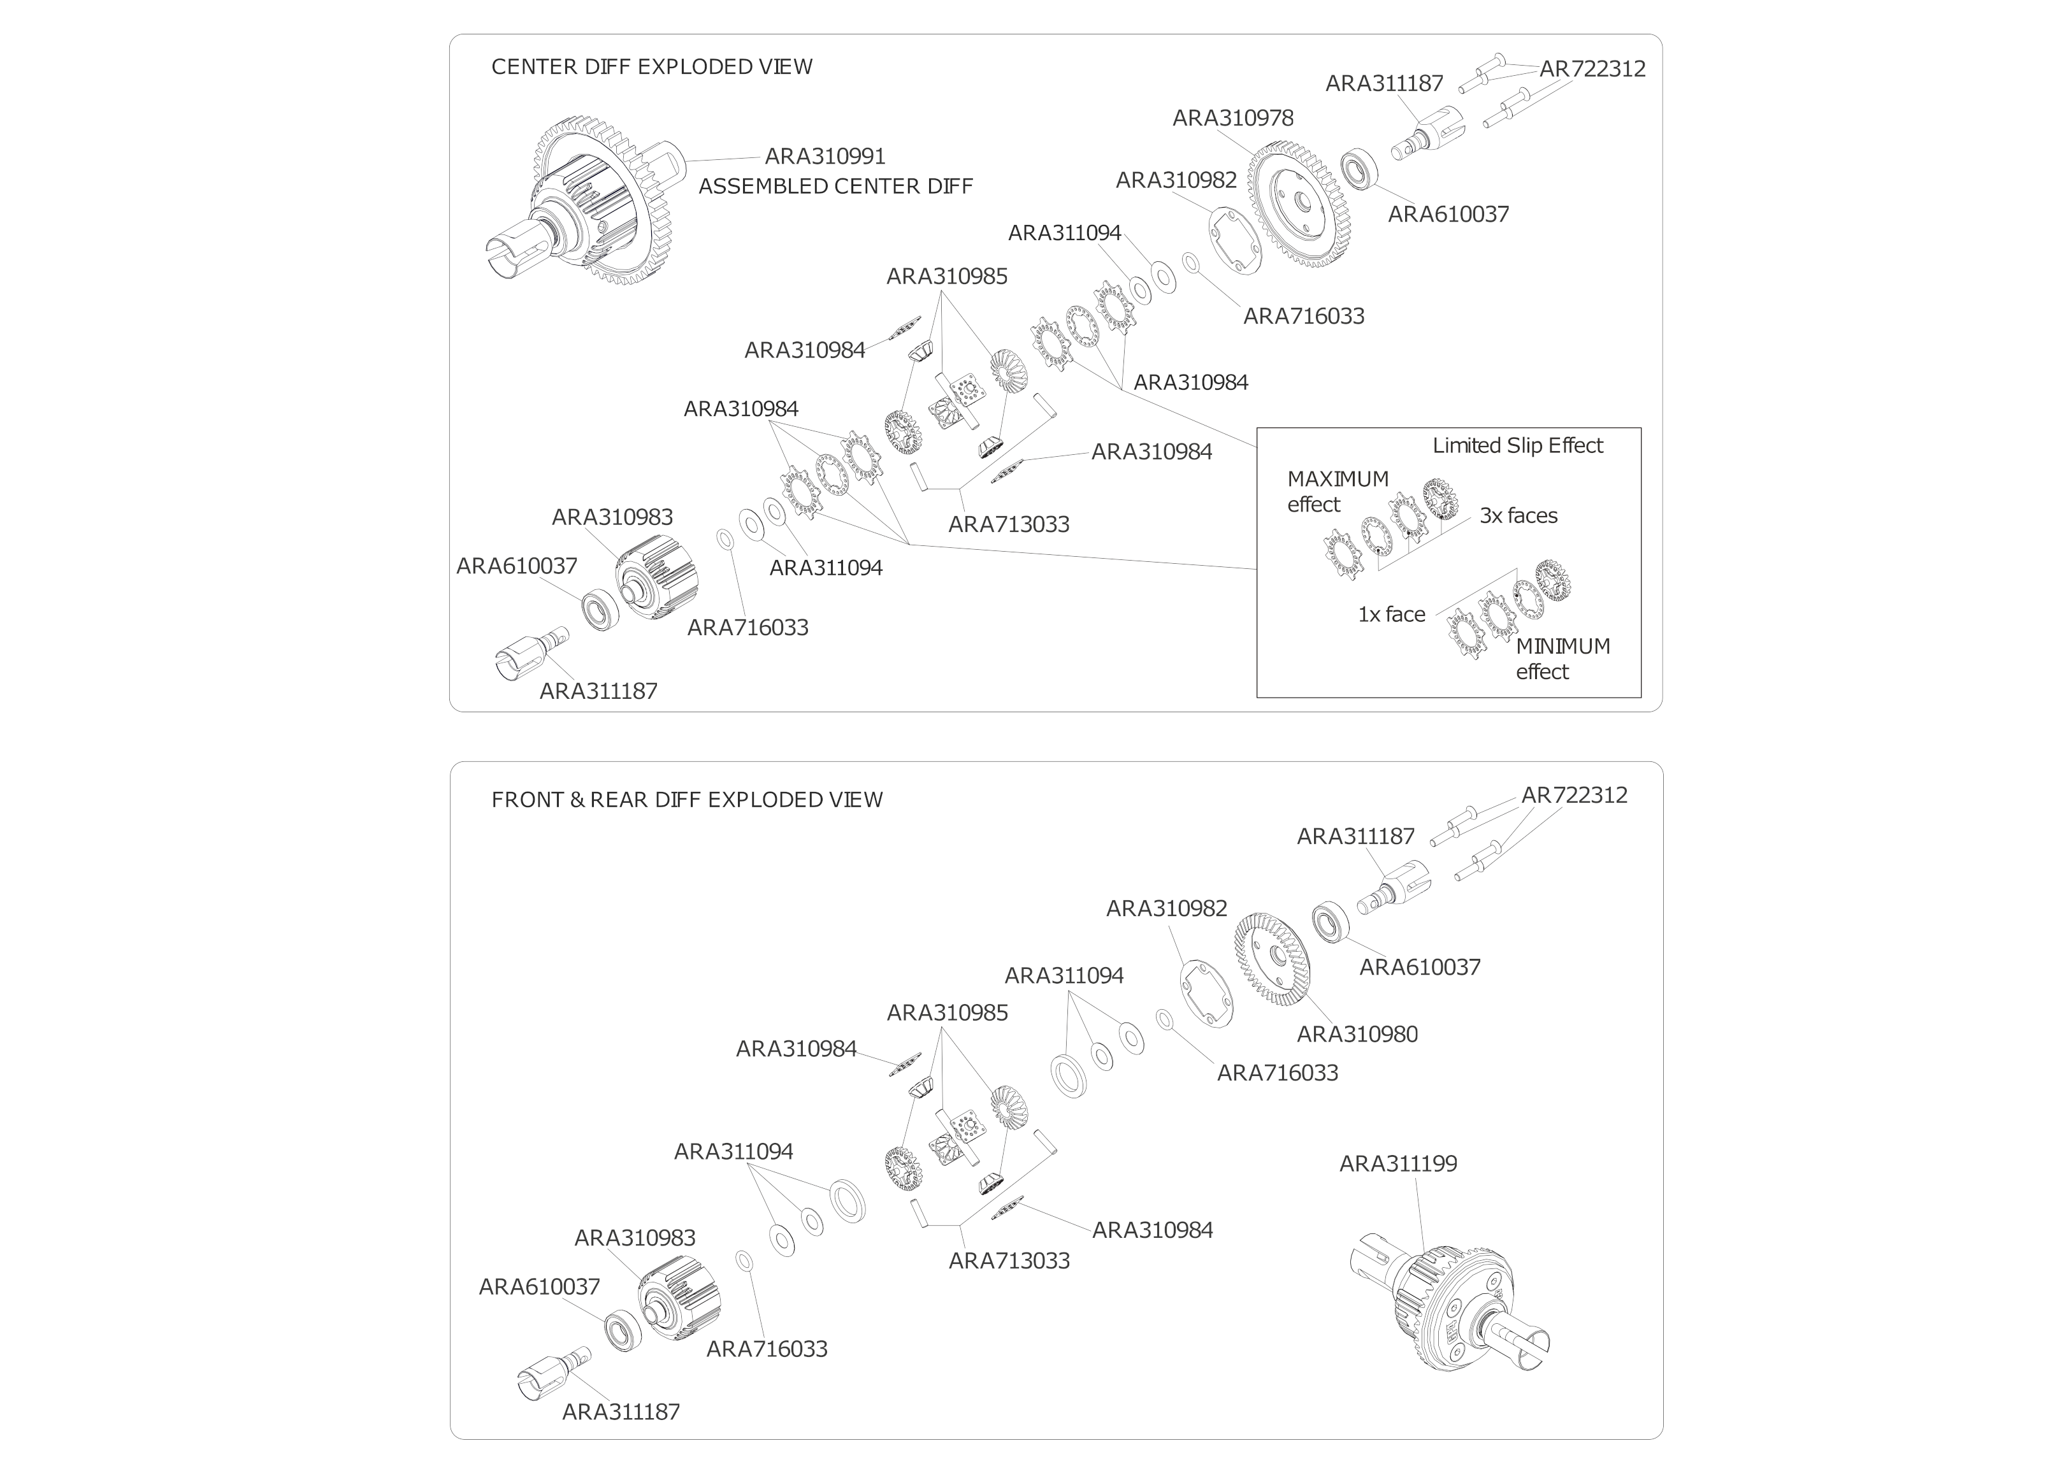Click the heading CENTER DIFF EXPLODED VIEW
pyautogui.click(x=651, y=67)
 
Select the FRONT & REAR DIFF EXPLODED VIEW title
pyautogui.click(x=686, y=800)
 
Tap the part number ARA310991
pyautogui.click(x=825, y=156)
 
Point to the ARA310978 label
pyautogui.click(x=1232, y=118)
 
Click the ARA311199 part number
pyautogui.click(x=1397, y=1164)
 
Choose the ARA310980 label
pyautogui.click(x=1357, y=1035)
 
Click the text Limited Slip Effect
pyautogui.click(x=1517, y=445)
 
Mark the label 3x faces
pyautogui.click(x=1518, y=516)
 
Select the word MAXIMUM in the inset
pyautogui.click(x=1338, y=479)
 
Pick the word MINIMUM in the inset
pyautogui.click(x=1562, y=647)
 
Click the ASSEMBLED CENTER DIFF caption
pyautogui.click(x=835, y=187)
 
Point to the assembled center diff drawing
pyautogui.click(x=586, y=203)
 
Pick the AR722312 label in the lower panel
pyautogui.click(x=1574, y=796)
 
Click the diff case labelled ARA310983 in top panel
pyautogui.click(x=646, y=577)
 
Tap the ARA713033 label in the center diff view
pyautogui.click(x=1009, y=525)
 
